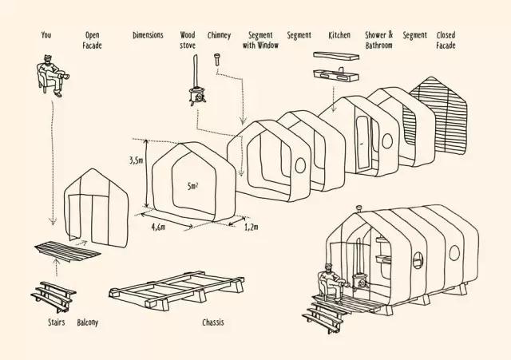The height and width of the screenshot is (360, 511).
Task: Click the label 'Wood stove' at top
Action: point(188,40)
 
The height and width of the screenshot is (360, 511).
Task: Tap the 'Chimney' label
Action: point(219,36)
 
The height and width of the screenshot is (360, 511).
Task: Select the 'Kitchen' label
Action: point(339,36)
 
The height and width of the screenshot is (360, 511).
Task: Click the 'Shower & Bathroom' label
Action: point(378,40)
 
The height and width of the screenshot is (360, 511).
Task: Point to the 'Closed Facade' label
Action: point(446,40)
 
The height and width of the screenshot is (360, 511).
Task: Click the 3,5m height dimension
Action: point(136,160)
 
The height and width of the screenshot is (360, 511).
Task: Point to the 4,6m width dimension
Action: point(158,227)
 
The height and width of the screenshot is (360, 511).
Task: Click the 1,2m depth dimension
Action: point(250,227)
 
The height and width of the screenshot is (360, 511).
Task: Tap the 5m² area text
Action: point(192,187)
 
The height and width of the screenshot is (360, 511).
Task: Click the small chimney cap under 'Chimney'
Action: point(216,57)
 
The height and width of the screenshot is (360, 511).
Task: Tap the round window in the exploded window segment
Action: point(299,164)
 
